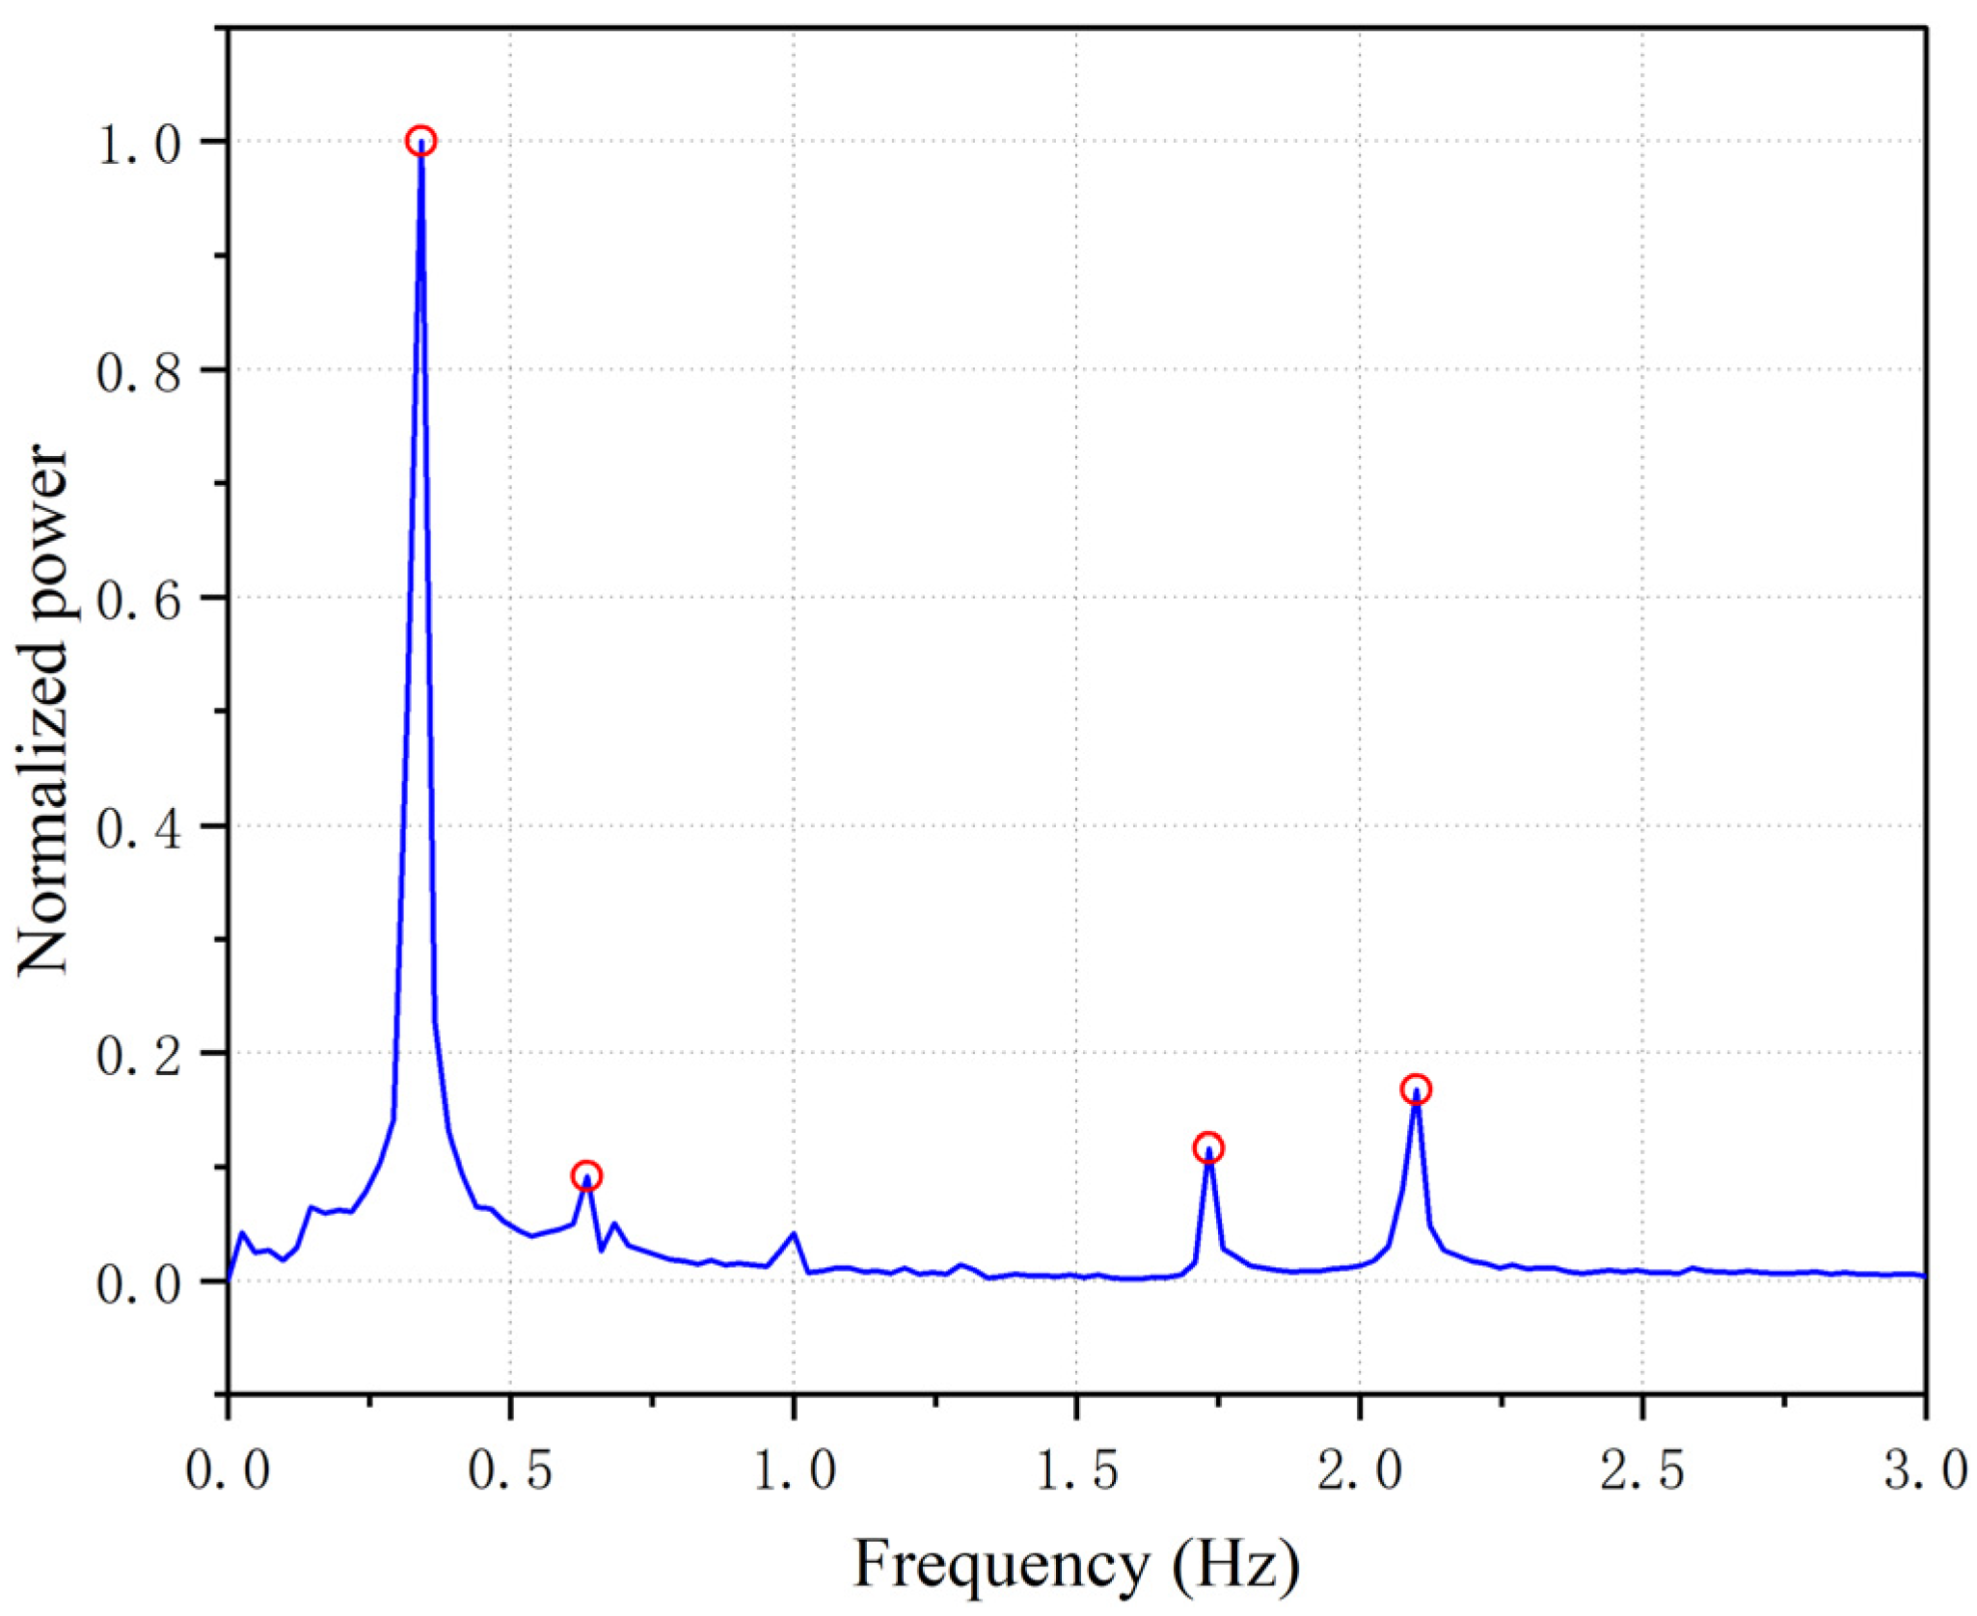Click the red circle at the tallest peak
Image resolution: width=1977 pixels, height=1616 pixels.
(x=420, y=141)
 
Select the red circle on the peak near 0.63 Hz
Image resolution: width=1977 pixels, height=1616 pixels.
(x=586, y=1176)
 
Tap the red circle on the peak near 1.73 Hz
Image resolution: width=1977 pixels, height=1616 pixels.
(x=1208, y=1148)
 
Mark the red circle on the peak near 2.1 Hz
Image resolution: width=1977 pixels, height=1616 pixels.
(x=1416, y=1091)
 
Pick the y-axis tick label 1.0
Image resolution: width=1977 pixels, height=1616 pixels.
(x=139, y=145)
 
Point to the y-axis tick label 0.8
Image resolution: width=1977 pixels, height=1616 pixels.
(x=139, y=372)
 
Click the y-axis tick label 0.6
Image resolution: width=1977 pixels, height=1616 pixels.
(x=139, y=600)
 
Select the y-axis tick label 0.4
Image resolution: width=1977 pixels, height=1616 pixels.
(x=139, y=828)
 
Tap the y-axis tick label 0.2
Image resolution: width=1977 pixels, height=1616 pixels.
(x=139, y=1056)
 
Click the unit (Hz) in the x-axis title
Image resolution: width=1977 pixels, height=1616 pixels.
(x=1236, y=1564)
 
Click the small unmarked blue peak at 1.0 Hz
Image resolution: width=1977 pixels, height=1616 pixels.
(x=793, y=1233)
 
